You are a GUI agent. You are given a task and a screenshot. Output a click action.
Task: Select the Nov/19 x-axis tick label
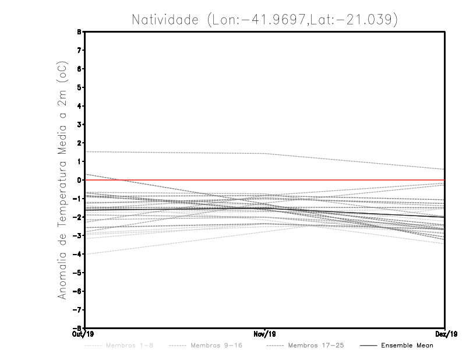[265, 334]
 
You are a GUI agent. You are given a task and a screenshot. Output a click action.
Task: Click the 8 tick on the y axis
[79, 32]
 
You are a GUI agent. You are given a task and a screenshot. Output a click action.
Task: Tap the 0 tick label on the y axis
[79, 180]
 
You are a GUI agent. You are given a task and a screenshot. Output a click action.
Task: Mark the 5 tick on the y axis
[79, 87]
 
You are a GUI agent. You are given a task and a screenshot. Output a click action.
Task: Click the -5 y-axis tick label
[77, 273]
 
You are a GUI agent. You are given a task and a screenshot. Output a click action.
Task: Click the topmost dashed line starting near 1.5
[175, 153]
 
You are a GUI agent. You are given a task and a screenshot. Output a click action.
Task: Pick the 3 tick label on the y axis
[79, 125]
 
